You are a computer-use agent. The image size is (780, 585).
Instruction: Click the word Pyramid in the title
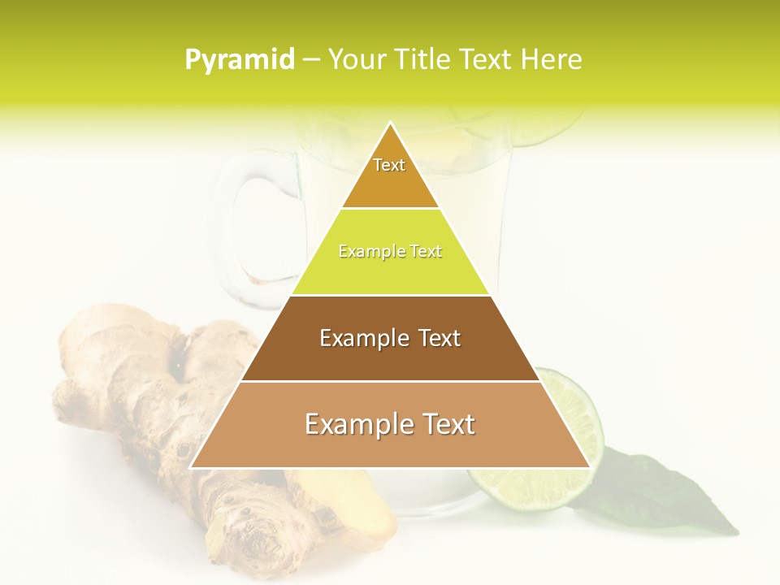click(x=240, y=59)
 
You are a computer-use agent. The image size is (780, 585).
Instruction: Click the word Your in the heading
click(x=355, y=59)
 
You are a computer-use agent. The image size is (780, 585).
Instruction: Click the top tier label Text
click(x=389, y=165)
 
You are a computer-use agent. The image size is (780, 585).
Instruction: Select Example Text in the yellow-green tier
click(x=390, y=251)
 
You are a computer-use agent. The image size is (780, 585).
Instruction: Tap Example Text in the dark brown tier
click(x=390, y=338)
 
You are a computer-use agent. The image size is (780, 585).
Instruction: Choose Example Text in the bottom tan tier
click(x=390, y=424)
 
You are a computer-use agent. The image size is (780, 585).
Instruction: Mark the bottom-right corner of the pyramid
click(x=589, y=467)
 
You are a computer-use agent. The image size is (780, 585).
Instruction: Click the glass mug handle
click(x=244, y=227)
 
